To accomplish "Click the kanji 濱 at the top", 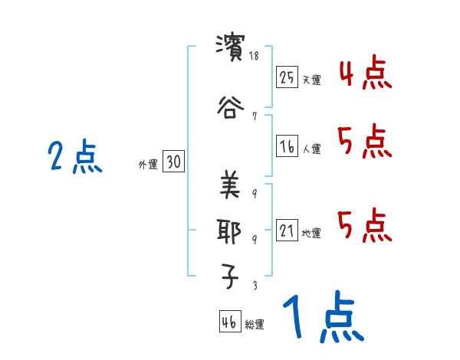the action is pos(230,49).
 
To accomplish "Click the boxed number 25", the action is pos(287,77).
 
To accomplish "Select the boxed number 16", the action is pos(287,147).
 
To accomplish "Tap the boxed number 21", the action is pos(287,231).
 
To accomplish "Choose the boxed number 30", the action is pos(173,162).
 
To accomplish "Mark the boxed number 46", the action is pos(228,322).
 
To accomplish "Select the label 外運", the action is pos(147,164).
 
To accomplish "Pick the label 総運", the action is pos(255,325).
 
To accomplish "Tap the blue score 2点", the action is pos(74,158).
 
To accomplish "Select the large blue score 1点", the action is pos(322,318).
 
